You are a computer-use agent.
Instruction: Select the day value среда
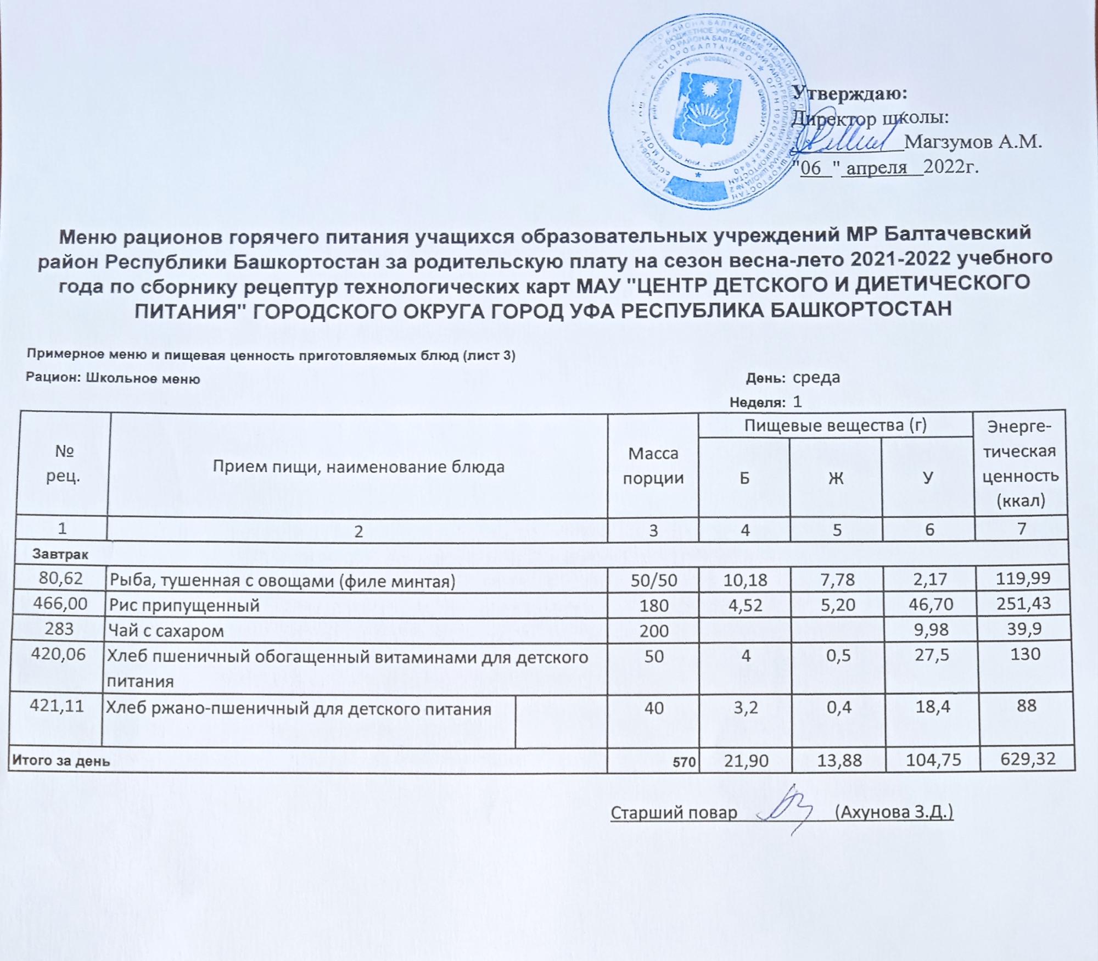[816, 377]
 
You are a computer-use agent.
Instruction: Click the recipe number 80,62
[61, 578]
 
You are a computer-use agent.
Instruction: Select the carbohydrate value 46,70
[928, 604]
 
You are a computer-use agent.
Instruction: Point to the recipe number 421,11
[61, 706]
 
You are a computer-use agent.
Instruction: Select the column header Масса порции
[653, 466]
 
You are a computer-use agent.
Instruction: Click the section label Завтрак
[60, 555]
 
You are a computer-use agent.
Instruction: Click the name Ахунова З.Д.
[893, 812]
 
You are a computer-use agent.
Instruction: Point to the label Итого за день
[61, 762]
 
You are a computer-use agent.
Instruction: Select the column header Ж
[836, 478]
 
